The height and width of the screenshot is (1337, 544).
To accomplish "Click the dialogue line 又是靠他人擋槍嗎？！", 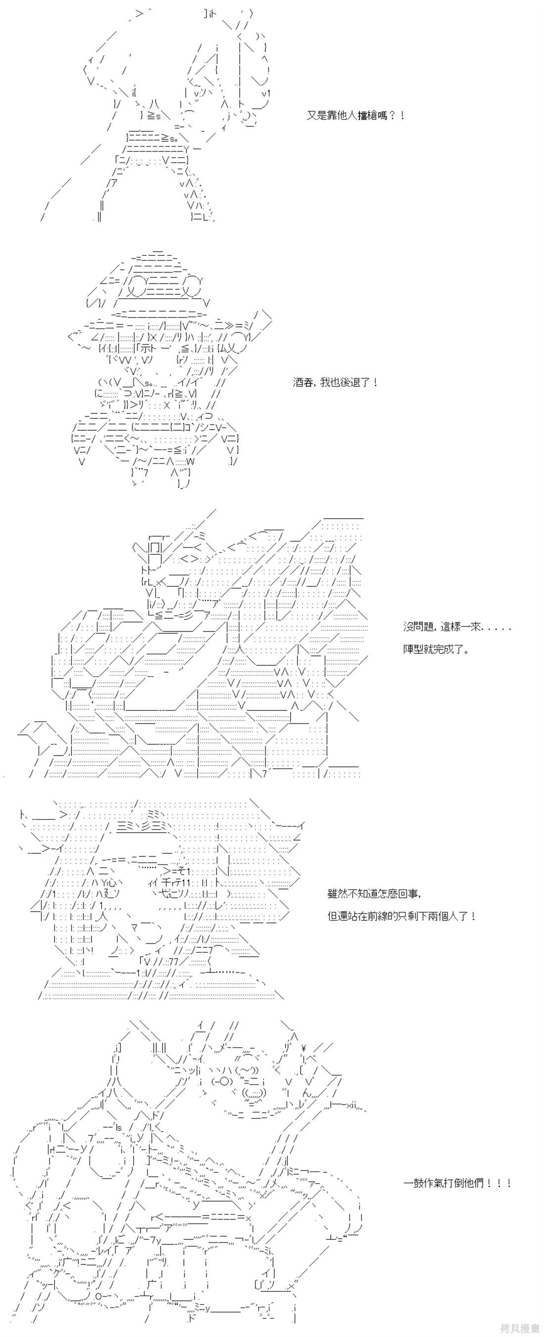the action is tap(356, 116).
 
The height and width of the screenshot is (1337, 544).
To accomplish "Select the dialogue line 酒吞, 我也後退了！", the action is tap(335, 382).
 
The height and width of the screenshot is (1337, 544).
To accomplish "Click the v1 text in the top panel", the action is tap(266, 93).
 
